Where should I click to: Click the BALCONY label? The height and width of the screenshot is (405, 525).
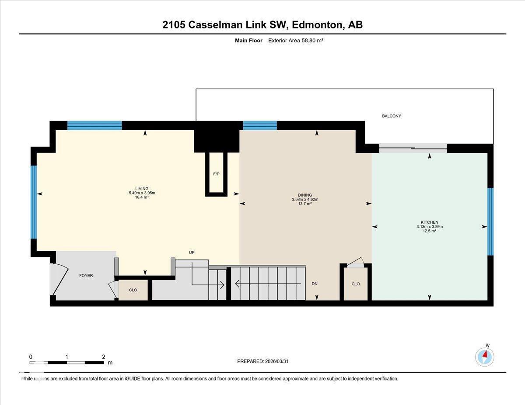(x=391, y=116)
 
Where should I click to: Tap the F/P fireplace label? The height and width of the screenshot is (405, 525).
(x=216, y=174)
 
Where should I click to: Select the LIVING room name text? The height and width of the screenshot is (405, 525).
(x=142, y=189)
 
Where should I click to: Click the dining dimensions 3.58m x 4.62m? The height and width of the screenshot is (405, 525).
(x=305, y=199)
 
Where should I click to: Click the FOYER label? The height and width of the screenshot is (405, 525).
(x=86, y=276)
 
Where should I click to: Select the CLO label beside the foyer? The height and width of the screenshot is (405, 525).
(x=133, y=290)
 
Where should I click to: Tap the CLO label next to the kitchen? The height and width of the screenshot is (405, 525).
(x=356, y=284)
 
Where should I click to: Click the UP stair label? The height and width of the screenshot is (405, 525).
(x=192, y=253)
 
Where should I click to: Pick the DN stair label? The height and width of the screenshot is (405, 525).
(x=315, y=284)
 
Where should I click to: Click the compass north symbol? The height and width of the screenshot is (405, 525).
(x=485, y=356)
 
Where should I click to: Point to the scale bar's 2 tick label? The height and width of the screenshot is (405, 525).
(x=103, y=357)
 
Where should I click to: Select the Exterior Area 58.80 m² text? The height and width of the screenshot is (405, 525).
(x=296, y=41)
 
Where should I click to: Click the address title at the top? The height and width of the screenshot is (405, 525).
(x=262, y=25)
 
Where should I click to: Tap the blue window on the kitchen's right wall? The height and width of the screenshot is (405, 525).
(x=490, y=222)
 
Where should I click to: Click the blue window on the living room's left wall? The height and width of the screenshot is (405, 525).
(x=33, y=201)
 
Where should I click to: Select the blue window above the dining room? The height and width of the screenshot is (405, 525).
(x=260, y=125)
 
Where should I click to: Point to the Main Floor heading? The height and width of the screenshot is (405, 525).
(x=248, y=41)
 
